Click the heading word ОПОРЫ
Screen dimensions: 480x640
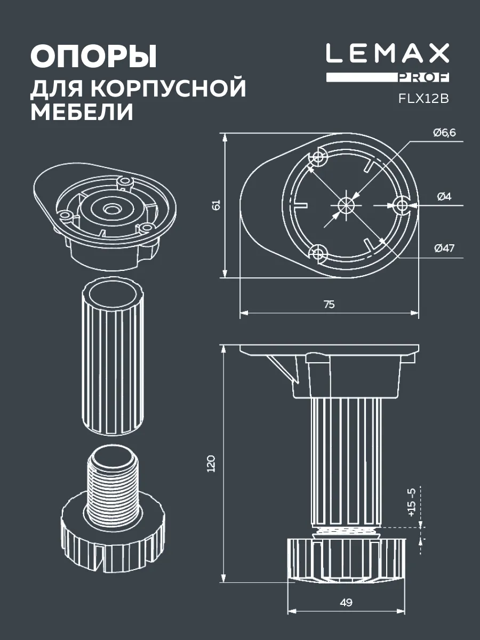[x=93, y=57]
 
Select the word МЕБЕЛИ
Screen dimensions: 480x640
[x=82, y=112]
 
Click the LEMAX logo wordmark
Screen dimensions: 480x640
[x=387, y=53]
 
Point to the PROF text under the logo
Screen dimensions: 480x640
[x=423, y=77]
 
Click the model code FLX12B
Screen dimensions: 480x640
[x=424, y=99]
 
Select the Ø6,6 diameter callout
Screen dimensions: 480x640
[x=444, y=133]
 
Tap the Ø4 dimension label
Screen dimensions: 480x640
[x=444, y=197]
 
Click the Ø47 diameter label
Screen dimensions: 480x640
[x=444, y=248]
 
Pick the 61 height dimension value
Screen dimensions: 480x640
[x=217, y=205]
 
